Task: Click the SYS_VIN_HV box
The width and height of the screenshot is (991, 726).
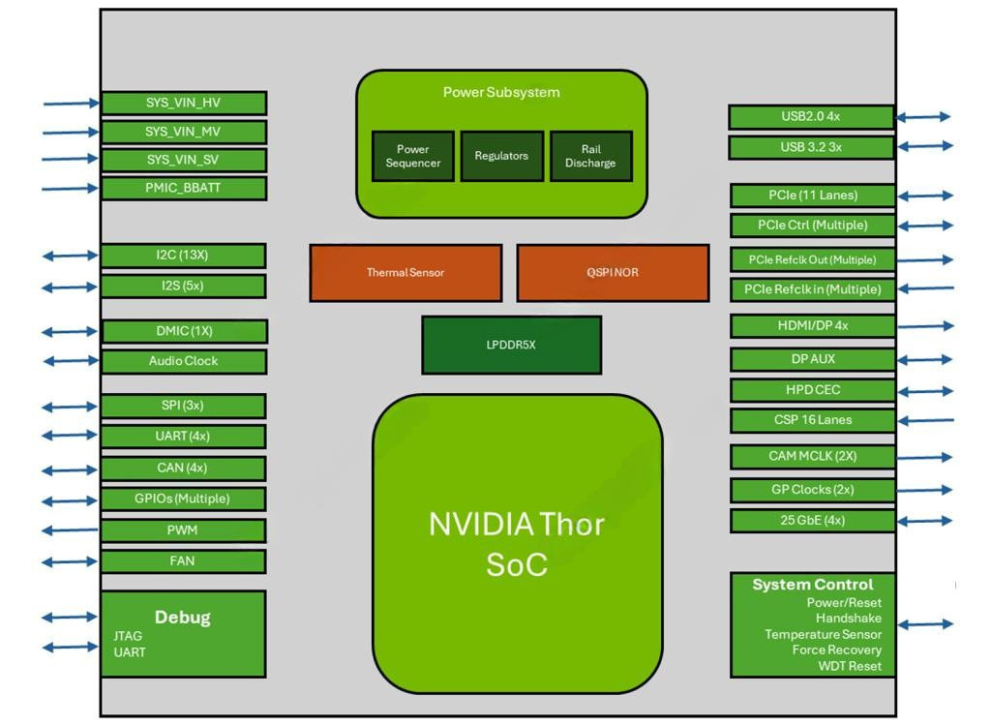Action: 183,103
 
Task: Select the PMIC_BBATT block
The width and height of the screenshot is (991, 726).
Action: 183,188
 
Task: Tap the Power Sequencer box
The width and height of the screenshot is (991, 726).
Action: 413,156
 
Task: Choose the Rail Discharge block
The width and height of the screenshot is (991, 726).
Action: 590,156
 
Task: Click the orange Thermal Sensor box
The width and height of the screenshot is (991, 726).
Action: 405,272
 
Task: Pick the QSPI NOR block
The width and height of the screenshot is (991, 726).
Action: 612,272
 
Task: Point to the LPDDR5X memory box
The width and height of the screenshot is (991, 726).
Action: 511,345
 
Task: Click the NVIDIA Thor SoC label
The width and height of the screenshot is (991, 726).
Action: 517,543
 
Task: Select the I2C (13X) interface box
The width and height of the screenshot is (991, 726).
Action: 183,256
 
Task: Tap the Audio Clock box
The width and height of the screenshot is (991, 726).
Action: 183,361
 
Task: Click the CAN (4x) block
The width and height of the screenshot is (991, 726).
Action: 183,468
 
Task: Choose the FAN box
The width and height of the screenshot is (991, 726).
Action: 183,560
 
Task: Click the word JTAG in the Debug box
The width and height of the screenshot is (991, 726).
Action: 128,636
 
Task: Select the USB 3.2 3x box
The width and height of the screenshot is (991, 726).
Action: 811,147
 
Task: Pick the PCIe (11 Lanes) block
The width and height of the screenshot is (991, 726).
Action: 812,196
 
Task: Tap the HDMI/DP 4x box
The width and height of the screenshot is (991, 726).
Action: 812,325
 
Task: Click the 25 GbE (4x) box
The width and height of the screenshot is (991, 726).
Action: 812,520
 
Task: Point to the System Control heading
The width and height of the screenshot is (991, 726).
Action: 812,585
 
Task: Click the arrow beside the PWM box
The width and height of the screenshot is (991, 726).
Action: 71,530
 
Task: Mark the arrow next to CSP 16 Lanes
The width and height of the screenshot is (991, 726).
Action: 924,420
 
